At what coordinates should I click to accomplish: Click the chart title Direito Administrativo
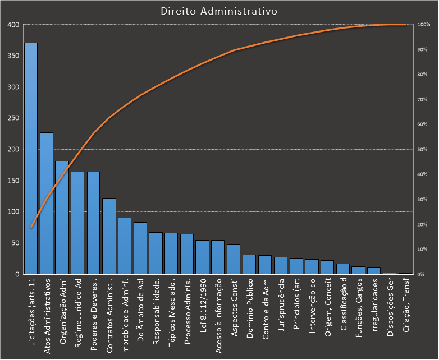tap(218, 11)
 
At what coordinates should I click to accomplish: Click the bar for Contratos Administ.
tap(109, 236)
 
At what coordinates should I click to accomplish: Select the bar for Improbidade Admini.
tap(125, 246)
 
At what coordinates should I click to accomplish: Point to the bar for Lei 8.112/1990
tap(202, 257)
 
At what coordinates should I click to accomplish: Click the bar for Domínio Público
tap(249, 265)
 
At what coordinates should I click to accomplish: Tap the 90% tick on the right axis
tap(423, 50)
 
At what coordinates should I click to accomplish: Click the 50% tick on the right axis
tap(423, 150)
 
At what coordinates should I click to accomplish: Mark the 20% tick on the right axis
tap(423, 224)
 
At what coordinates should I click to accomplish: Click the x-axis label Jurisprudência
tap(281, 305)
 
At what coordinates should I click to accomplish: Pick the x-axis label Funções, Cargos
tap(359, 307)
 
